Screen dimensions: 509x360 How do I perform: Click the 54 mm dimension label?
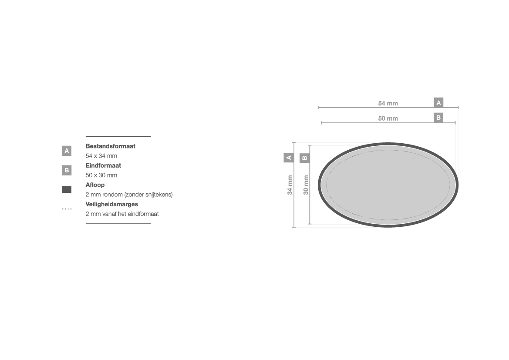coord(388,103)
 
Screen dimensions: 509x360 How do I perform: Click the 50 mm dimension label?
coord(388,118)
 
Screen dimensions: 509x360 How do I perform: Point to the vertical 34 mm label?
coord(290,185)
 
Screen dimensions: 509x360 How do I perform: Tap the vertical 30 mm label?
coord(306,185)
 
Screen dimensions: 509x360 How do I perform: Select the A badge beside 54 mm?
coord(438,103)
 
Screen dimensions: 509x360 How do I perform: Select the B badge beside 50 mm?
coord(438,118)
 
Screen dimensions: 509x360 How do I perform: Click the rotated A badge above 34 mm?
coord(289,158)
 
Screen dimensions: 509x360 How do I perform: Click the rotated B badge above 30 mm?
coord(304,158)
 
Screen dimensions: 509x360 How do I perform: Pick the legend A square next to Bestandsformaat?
coord(67,151)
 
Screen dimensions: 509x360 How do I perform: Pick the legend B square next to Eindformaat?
coord(67,170)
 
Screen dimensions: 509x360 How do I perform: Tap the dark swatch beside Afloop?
coord(67,189)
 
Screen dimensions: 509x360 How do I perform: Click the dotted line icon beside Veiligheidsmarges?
coord(67,209)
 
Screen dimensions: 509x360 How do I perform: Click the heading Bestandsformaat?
coord(110,146)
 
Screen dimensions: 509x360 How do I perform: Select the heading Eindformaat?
coord(103,165)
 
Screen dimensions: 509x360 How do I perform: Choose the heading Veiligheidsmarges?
coord(111,204)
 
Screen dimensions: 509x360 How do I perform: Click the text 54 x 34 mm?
coord(101,156)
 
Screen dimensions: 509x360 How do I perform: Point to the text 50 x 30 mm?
coord(101,175)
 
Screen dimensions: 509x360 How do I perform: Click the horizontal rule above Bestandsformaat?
coord(118,137)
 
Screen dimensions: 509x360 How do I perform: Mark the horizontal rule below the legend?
coord(118,223)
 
